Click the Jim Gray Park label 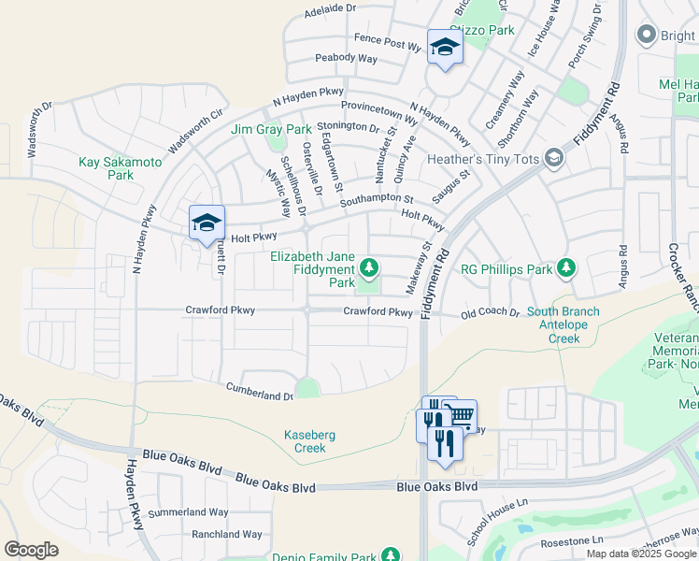tap(271, 129)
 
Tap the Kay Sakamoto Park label tap(120, 168)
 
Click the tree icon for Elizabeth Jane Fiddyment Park tap(370, 269)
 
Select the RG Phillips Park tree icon tap(565, 269)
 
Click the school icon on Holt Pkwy tap(207, 223)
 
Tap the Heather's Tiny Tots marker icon tap(554, 159)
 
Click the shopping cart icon tap(460, 416)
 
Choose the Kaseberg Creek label tap(305, 441)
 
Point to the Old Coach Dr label tap(490, 312)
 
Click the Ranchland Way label tap(226, 535)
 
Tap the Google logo tap(31, 550)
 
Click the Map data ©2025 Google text tap(641, 554)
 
